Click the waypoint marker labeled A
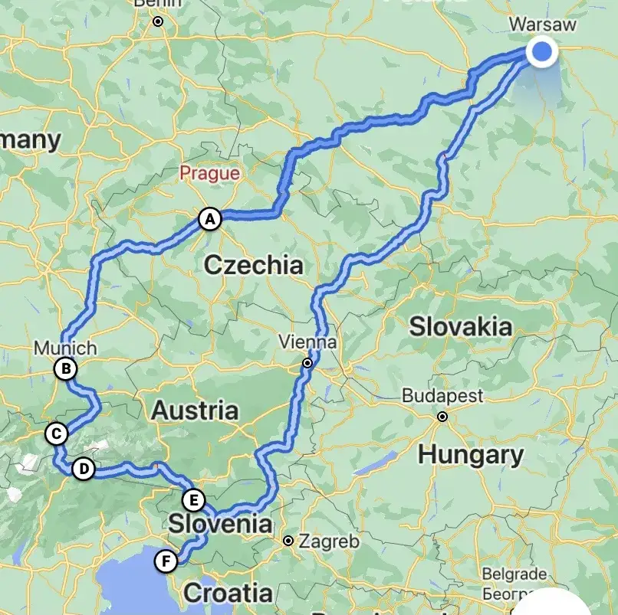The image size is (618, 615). [209, 218]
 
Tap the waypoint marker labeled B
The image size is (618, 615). [66, 369]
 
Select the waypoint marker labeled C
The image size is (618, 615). [56, 433]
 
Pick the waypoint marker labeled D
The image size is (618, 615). [83, 469]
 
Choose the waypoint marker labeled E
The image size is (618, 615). [194, 500]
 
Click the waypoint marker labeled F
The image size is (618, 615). [165, 561]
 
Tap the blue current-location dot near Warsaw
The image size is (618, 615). [542, 52]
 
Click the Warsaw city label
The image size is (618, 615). [542, 25]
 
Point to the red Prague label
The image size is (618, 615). [209, 173]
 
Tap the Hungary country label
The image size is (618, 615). [470, 454]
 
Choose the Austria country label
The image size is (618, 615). [194, 410]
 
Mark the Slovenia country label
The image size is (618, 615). [220, 525]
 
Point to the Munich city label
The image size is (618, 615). [65, 348]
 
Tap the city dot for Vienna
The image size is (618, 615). [307, 363]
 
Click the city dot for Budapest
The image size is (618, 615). [442, 417]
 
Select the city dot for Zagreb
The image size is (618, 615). [288, 541]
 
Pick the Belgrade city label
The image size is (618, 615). [514, 574]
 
